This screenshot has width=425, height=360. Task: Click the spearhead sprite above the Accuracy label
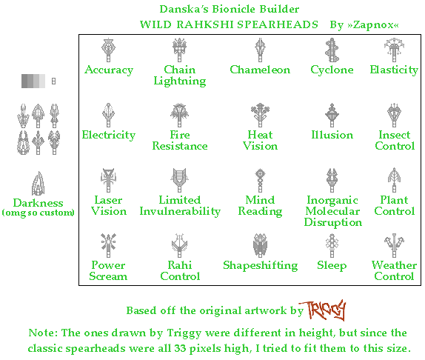tap(109, 50)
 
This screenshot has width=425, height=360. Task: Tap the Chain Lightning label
tap(179, 76)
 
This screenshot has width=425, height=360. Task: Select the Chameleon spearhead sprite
tap(260, 50)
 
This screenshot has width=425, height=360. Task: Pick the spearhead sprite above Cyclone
tap(332, 50)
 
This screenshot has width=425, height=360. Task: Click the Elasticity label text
tap(394, 70)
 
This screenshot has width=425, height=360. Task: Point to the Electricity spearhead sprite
tap(109, 116)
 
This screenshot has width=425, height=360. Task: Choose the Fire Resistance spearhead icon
tap(179, 116)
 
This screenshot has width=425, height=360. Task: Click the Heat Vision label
tap(260, 141)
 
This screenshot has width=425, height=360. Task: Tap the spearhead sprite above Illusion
tap(332, 116)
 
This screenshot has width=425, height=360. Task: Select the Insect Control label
tap(394, 141)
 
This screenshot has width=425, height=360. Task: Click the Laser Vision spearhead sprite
tap(109, 181)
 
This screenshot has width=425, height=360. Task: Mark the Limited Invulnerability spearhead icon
tap(179, 181)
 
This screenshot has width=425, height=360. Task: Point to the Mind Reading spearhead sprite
tap(260, 181)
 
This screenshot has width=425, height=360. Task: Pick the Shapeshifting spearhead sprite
tap(260, 246)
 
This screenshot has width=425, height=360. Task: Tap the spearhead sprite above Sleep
tap(332, 246)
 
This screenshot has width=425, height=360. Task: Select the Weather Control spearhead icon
tap(394, 246)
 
